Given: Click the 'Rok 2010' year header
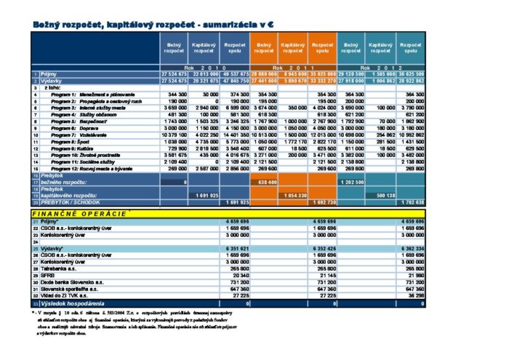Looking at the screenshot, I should (204, 68).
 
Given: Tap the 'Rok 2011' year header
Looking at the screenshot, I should (293, 68).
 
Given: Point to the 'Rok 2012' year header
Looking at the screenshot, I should (381, 68).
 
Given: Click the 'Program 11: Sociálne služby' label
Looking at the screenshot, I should (79, 161).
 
